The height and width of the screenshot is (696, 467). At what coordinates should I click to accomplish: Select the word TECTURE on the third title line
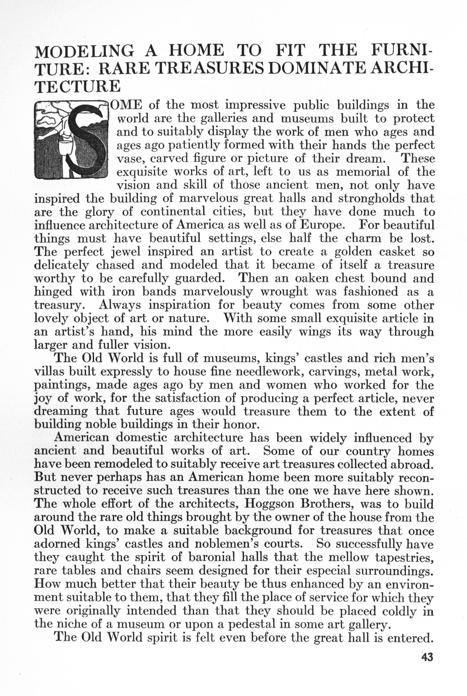click(x=78, y=86)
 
